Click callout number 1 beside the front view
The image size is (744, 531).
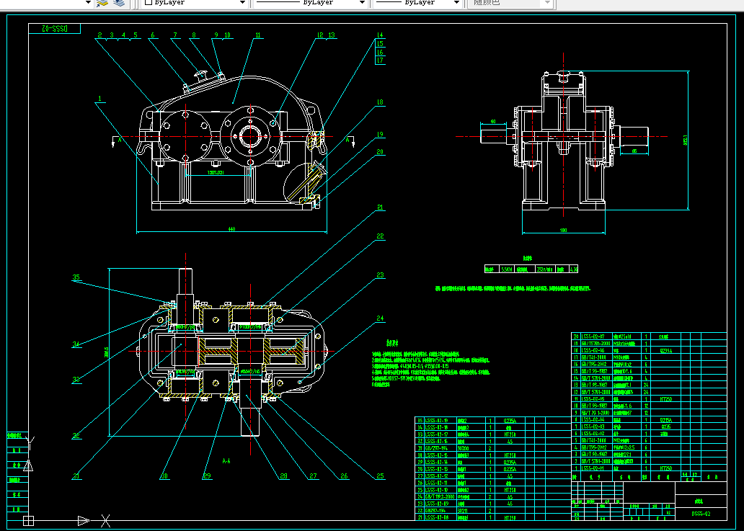[x=101, y=97]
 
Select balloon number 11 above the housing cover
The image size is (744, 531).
[x=257, y=34]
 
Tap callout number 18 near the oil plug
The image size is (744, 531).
[x=379, y=102]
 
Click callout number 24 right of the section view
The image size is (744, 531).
[x=379, y=317]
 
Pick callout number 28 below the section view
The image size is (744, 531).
[x=283, y=476]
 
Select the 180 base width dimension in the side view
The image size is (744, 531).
[x=563, y=230]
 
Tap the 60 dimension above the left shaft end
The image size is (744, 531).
[x=493, y=121]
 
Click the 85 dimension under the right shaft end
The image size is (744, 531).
[x=634, y=151]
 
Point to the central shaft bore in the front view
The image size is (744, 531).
[x=249, y=135]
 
